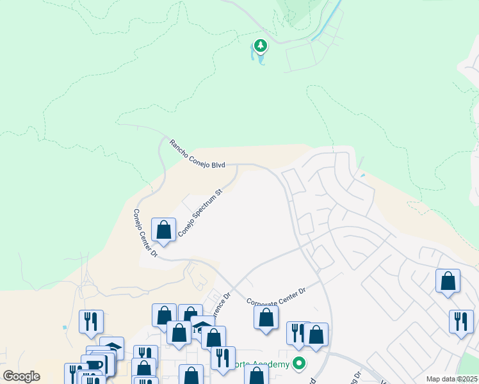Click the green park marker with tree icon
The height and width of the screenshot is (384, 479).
click(x=260, y=46)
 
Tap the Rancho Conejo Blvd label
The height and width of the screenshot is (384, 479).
click(x=197, y=154)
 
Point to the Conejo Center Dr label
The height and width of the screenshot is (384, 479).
click(x=145, y=232)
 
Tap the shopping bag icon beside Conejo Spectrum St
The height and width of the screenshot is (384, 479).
click(x=164, y=230)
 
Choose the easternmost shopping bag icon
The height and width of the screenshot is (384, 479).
click(x=448, y=280)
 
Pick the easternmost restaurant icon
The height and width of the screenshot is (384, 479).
click(x=461, y=321)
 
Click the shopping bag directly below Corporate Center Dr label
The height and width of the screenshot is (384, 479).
click(x=266, y=317)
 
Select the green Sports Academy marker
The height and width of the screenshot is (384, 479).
click(x=298, y=364)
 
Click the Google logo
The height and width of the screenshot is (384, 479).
click(x=21, y=376)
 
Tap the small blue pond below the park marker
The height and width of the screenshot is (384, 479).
click(x=261, y=59)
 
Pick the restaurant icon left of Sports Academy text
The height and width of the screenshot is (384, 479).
click(x=222, y=358)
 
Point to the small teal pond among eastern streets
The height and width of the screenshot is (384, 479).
click(x=363, y=175)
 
